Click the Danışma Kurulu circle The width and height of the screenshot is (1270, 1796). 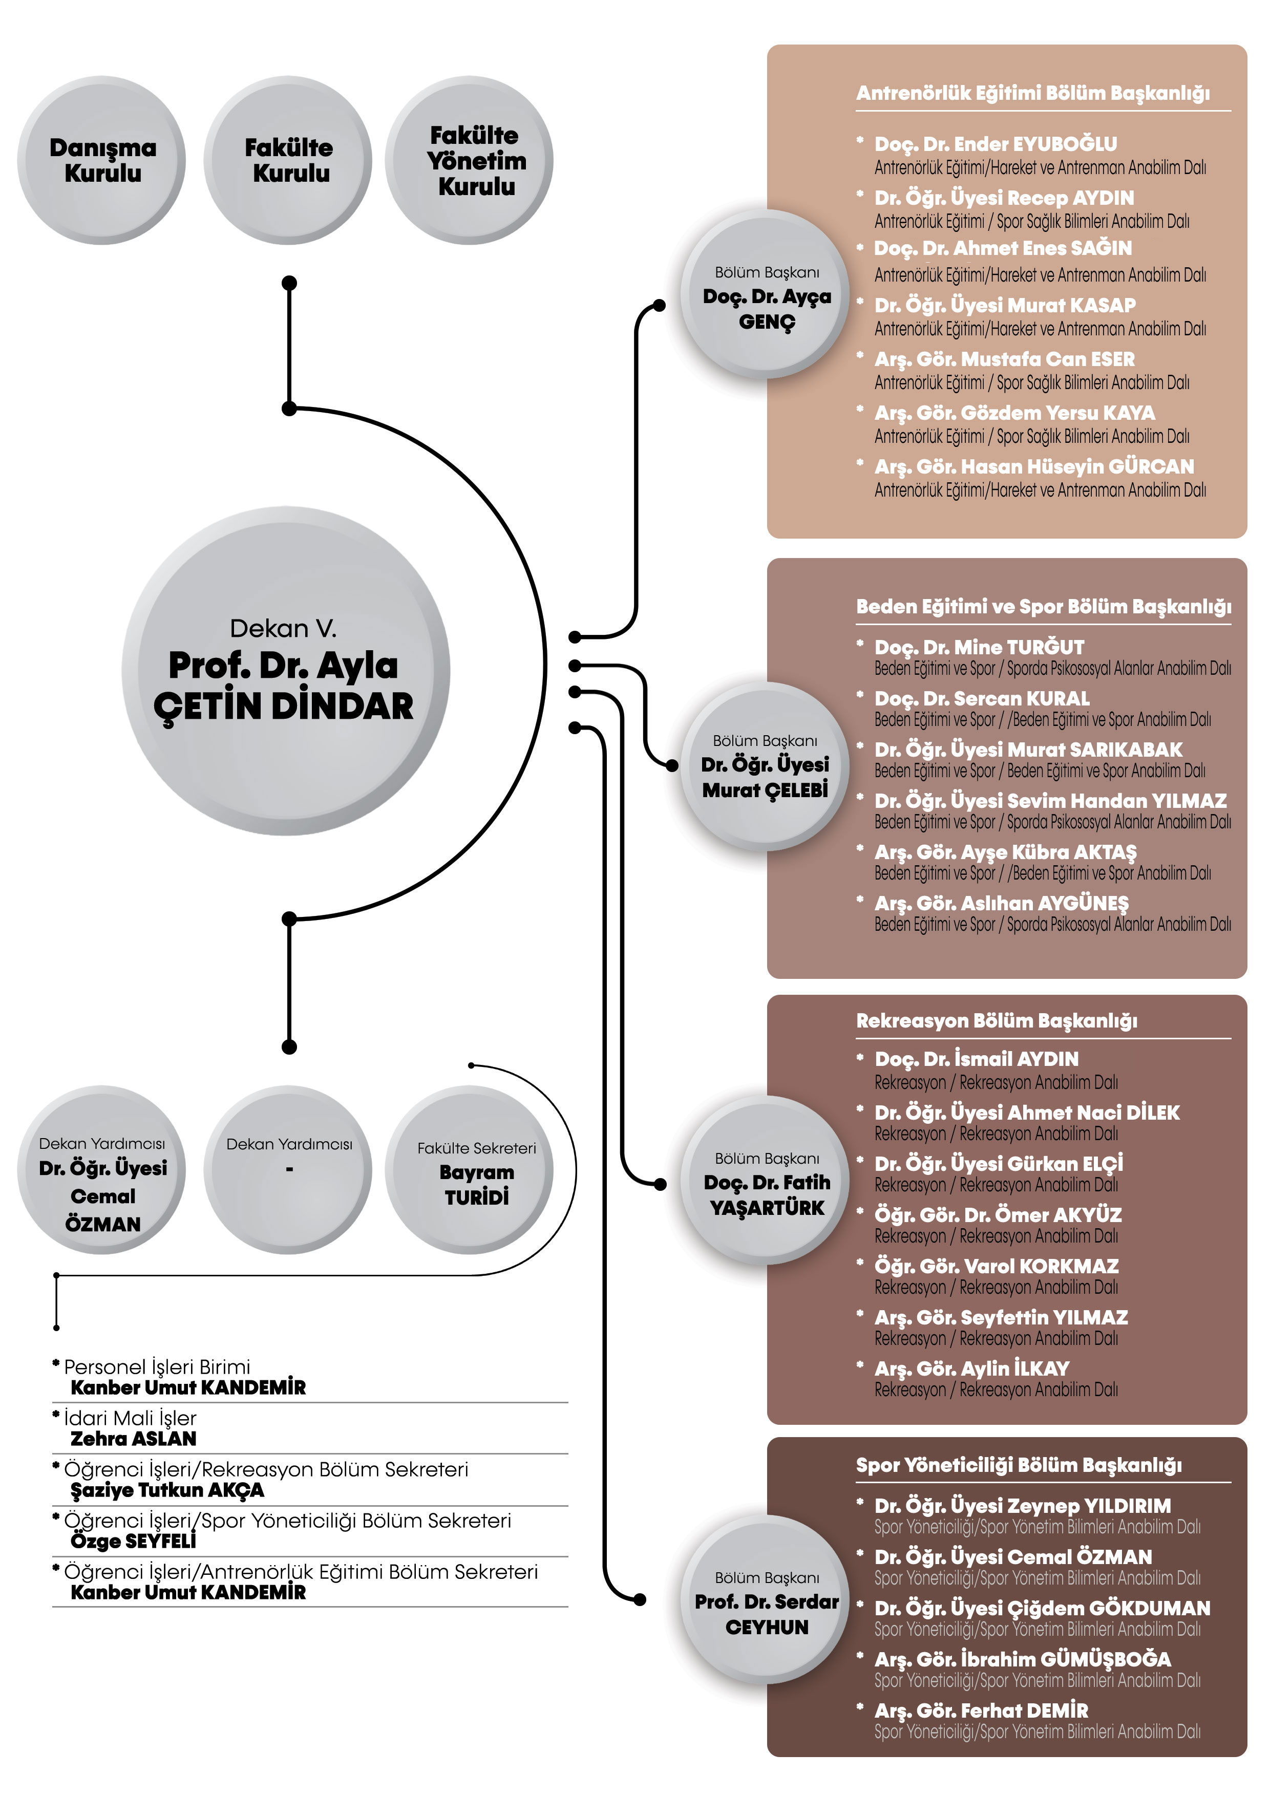(x=102, y=160)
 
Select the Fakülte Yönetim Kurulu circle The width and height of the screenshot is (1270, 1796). (x=470, y=160)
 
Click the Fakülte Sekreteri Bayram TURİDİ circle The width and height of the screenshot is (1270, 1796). (x=470, y=1170)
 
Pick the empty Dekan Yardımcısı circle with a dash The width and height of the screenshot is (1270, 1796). (x=288, y=1170)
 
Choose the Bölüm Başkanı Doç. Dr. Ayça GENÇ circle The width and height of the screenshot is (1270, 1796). (x=765, y=295)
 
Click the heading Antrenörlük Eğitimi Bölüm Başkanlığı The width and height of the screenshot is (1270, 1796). (x=1033, y=94)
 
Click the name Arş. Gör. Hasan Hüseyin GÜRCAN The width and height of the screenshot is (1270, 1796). (x=1034, y=467)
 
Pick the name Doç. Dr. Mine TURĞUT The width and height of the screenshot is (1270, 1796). (x=980, y=648)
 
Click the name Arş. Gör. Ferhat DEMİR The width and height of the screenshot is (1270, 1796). (x=981, y=1711)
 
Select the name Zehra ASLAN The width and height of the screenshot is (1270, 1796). (x=134, y=1439)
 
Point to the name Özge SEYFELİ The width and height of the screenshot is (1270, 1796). (x=134, y=1541)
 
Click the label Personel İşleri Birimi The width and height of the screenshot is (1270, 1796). (x=157, y=1367)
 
